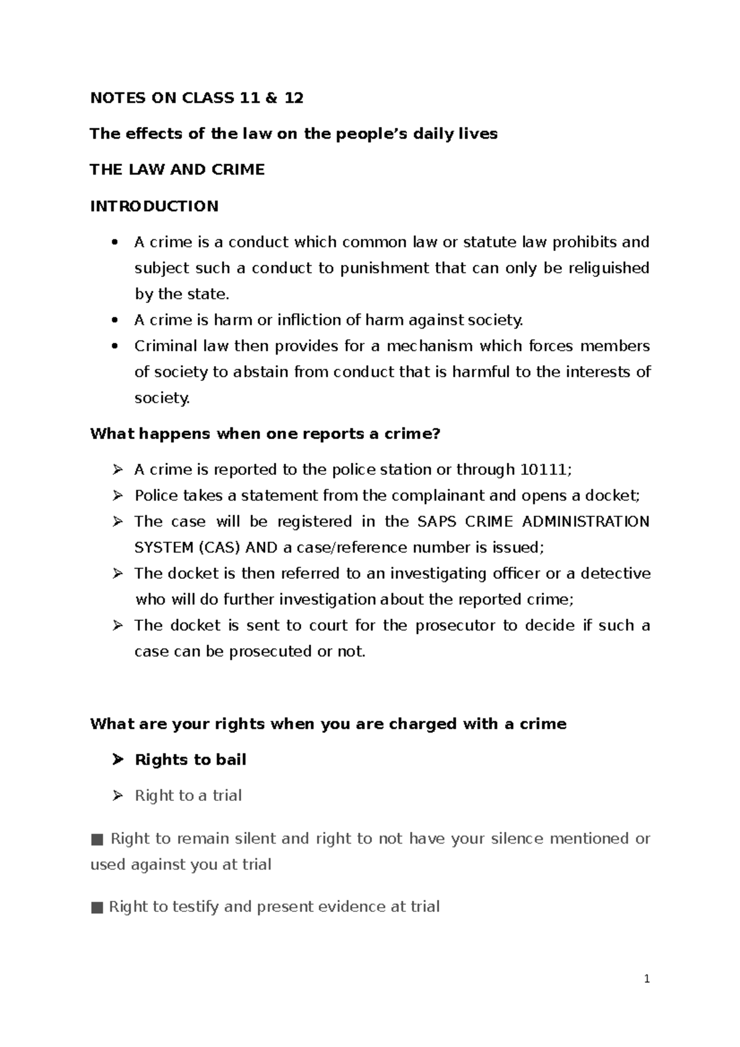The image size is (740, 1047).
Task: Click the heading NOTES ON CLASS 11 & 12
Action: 197,98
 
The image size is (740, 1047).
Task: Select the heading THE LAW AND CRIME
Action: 177,170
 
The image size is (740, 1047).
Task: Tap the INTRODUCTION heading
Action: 154,206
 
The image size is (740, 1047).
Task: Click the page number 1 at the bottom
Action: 647,979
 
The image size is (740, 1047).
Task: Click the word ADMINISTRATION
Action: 586,522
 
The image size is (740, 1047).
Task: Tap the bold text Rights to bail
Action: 191,760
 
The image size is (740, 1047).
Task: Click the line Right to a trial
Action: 188,795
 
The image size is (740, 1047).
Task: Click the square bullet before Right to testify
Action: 96,907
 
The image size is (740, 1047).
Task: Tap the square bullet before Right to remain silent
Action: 96,839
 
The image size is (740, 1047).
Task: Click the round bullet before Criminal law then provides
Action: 114,346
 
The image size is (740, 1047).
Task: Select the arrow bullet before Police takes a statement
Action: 118,496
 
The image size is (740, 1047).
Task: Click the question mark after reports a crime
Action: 437,433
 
